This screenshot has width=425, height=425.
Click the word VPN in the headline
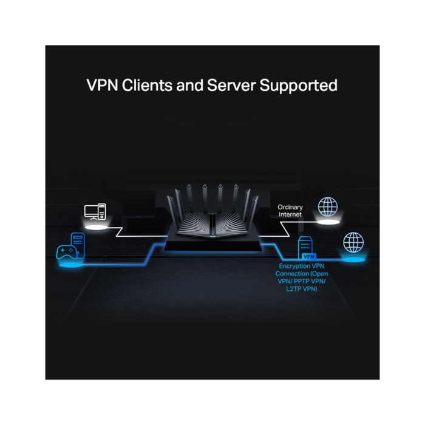102,85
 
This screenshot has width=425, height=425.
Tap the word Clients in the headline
147,85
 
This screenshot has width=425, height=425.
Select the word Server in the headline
231,85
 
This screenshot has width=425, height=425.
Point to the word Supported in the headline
299,86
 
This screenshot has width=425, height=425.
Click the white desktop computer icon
95,211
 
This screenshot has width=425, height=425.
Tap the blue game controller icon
66,252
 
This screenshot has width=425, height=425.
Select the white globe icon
328,206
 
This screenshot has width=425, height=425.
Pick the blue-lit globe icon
353,242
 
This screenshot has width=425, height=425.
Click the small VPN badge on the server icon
308,256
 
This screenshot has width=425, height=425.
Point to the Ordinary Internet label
290,211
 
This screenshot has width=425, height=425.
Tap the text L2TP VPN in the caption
302,289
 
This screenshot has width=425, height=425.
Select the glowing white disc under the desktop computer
95,228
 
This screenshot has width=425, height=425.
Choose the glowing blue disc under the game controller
70,265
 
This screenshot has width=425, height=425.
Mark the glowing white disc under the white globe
328,223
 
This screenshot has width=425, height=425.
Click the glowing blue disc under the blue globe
353,260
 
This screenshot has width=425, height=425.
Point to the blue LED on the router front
212,236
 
